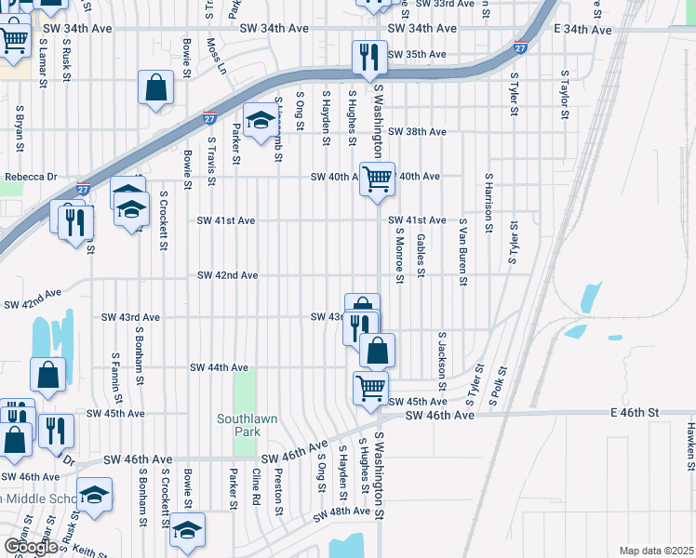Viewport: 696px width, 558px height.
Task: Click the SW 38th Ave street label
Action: point(417,132)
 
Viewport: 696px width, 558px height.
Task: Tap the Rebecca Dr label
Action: point(31,177)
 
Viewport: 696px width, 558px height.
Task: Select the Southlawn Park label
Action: point(248,426)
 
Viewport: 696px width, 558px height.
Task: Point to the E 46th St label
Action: point(635,411)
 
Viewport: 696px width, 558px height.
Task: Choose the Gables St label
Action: point(422,255)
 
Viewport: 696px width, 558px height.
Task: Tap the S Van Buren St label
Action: point(462,252)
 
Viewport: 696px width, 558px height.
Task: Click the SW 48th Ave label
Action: point(341,513)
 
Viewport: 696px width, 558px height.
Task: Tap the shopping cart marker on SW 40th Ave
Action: point(377,177)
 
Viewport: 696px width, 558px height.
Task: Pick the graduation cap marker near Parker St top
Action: point(261,118)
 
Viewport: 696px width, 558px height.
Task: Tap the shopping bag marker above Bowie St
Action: point(156,87)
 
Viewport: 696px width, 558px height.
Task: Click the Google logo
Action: point(32,547)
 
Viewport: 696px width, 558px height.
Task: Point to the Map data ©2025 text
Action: point(656,551)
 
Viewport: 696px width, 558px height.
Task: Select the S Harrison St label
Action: point(487,196)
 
